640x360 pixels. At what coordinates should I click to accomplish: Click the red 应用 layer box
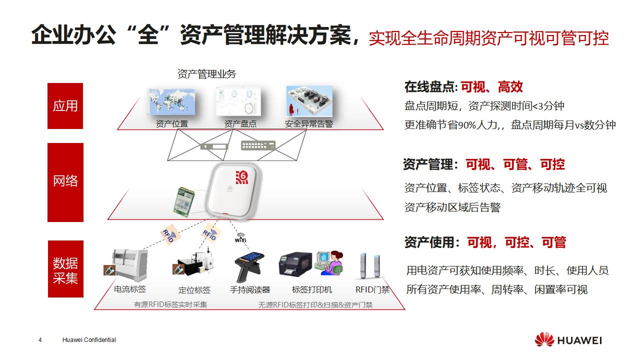pyautogui.click(x=65, y=106)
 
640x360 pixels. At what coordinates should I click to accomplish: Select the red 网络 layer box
pyautogui.click(x=65, y=182)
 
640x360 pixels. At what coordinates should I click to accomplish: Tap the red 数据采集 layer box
pyautogui.click(x=65, y=269)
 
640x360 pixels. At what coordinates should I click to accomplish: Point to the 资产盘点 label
pyautogui.click(x=240, y=123)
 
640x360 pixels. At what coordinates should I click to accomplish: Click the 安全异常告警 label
pyautogui.click(x=308, y=123)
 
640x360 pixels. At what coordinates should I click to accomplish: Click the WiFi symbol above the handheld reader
pyautogui.click(x=241, y=237)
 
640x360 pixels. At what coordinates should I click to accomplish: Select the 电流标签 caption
pyautogui.click(x=130, y=289)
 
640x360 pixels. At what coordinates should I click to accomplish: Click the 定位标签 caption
pyautogui.click(x=194, y=290)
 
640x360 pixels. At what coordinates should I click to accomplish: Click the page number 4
pyautogui.click(x=40, y=340)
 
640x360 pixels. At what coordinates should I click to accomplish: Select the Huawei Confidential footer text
pyautogui.click(x=89, y=340)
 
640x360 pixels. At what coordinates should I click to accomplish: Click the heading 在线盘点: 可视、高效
pyautogui.click(x=463, y=87)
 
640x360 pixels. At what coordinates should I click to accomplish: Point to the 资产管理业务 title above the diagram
pyautogui.click(x=206, y=74)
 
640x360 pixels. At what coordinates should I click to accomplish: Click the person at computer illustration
pyautogui.click(x=330, y=261)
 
